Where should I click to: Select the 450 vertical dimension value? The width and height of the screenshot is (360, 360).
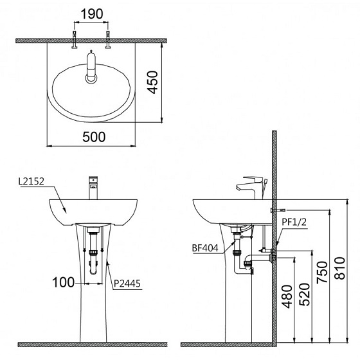(151, 82)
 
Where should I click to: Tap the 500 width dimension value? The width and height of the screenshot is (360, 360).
(93, 136)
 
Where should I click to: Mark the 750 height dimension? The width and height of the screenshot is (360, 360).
(323, 275)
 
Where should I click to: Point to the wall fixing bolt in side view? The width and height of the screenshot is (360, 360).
(278, 210)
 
